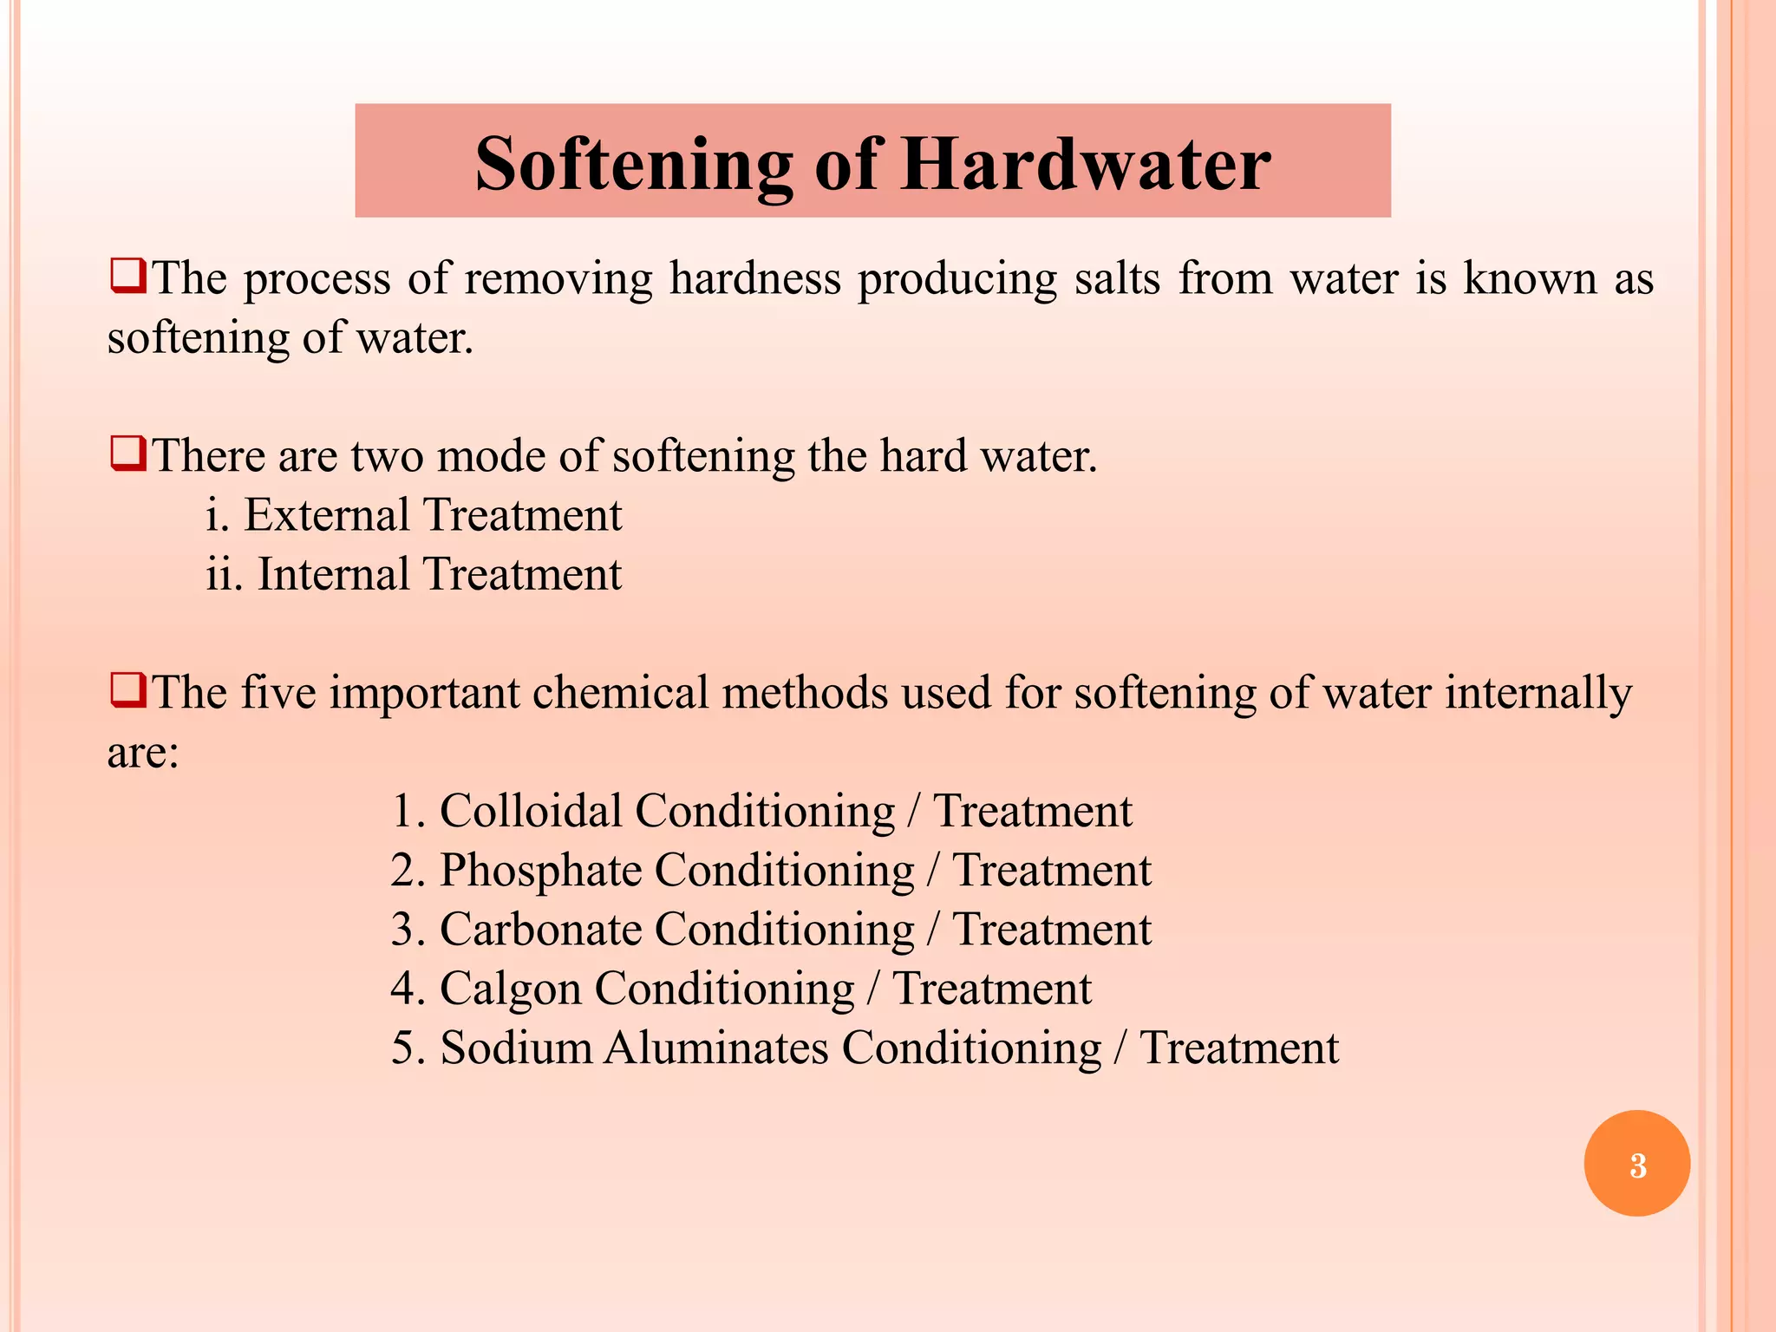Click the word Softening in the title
[633, 165]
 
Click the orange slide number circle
[1636, 1164]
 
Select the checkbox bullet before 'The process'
[127, 277]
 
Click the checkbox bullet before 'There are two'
[127, 454]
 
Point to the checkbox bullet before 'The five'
[127, 691]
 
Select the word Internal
[333, 574]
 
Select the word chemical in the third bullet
[621, 693]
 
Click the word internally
[1538, 693]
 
